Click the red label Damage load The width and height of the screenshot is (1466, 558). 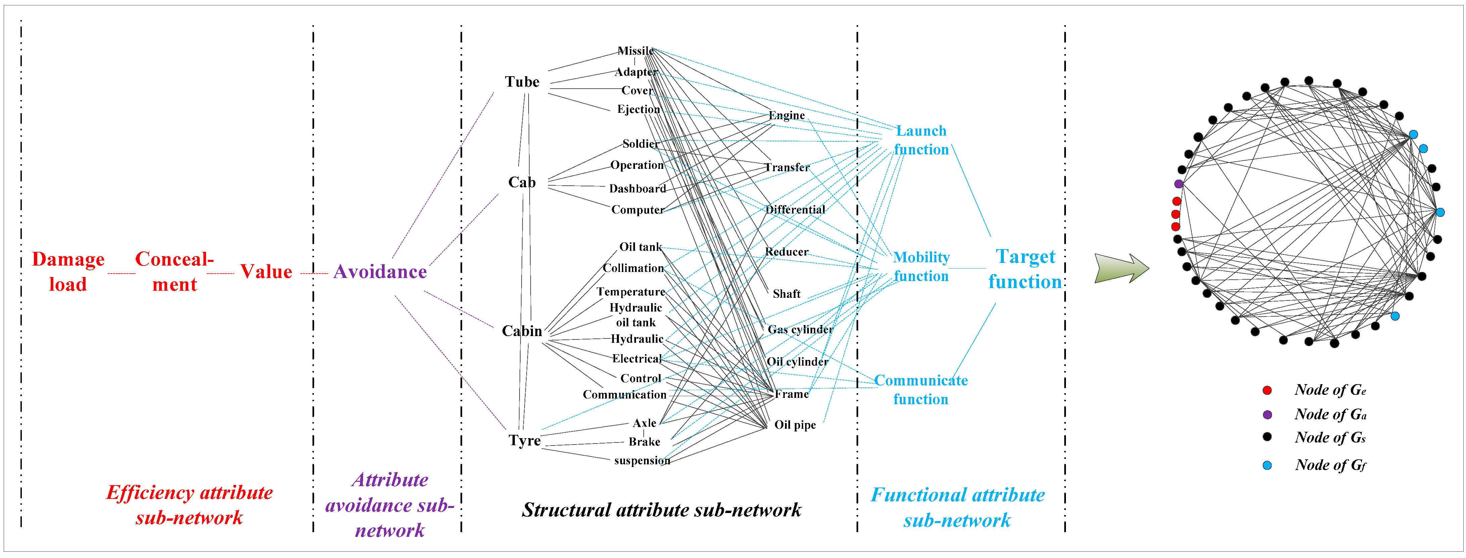[x=68, y=272]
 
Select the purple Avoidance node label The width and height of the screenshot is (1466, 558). [x=380, y=272]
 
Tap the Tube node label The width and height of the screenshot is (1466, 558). [x=522, y=82]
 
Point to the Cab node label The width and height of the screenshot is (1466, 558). [x=522, y=182]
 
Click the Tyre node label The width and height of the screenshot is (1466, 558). [x=524, y=440]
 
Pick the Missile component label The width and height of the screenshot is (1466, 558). [x=636, y=51]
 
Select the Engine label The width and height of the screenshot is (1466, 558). [x=786, y=115]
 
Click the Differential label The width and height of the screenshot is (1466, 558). [x=795, y=210]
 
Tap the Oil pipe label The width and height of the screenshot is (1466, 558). [x=795, y=425]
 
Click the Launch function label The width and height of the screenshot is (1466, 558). [x=921, y=140]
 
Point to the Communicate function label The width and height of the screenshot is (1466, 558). [x=921, y=389]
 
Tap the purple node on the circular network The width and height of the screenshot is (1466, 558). [x=1179, y=184]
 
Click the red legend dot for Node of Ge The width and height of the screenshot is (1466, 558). [x=1267, y=390]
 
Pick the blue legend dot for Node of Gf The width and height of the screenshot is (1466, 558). [x=1267, y=465]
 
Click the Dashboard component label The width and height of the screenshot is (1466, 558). [x=637, y=188]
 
